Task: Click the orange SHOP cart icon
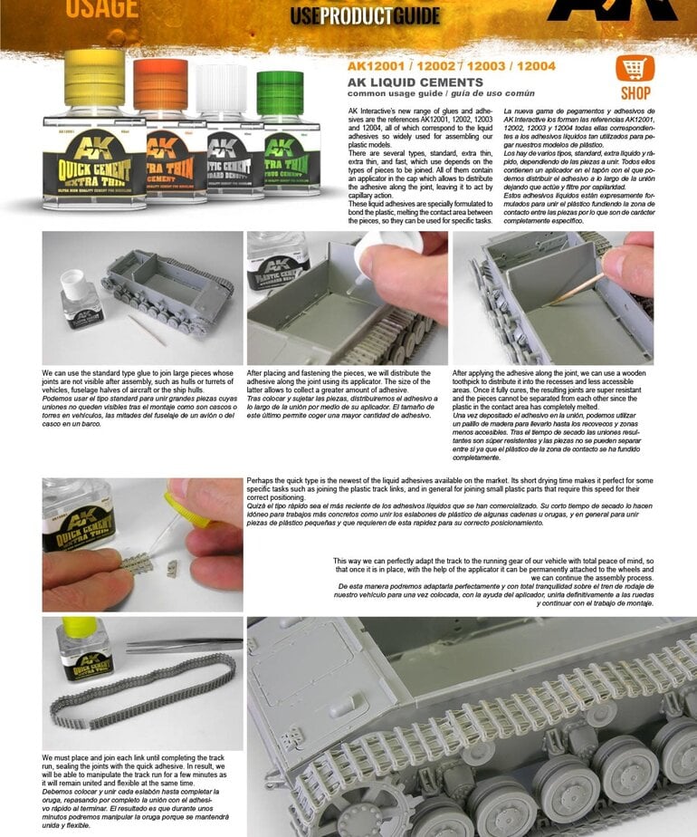pyautogui.click(x=635, y=69)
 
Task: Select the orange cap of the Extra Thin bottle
pyautogui.click(x=161, y=84)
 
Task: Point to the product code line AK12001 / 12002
pyautogui.click(x=451, y=65)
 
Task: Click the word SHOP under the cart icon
pyautogui.click(x=635, y=93)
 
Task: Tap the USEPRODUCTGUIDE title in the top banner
pyautogui.click(x=365, y=15)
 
